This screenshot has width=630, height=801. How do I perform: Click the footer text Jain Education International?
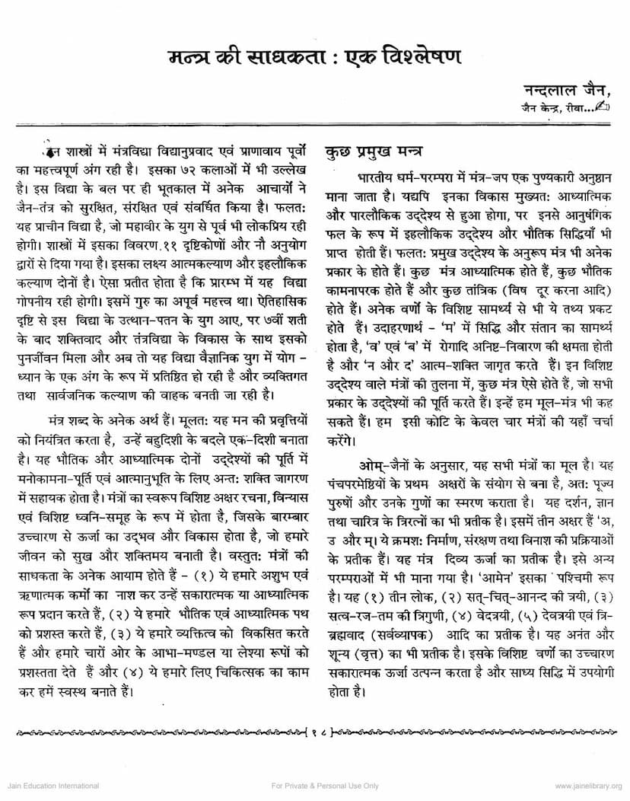[49, 785]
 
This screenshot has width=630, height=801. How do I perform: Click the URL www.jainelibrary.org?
[588, 785]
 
